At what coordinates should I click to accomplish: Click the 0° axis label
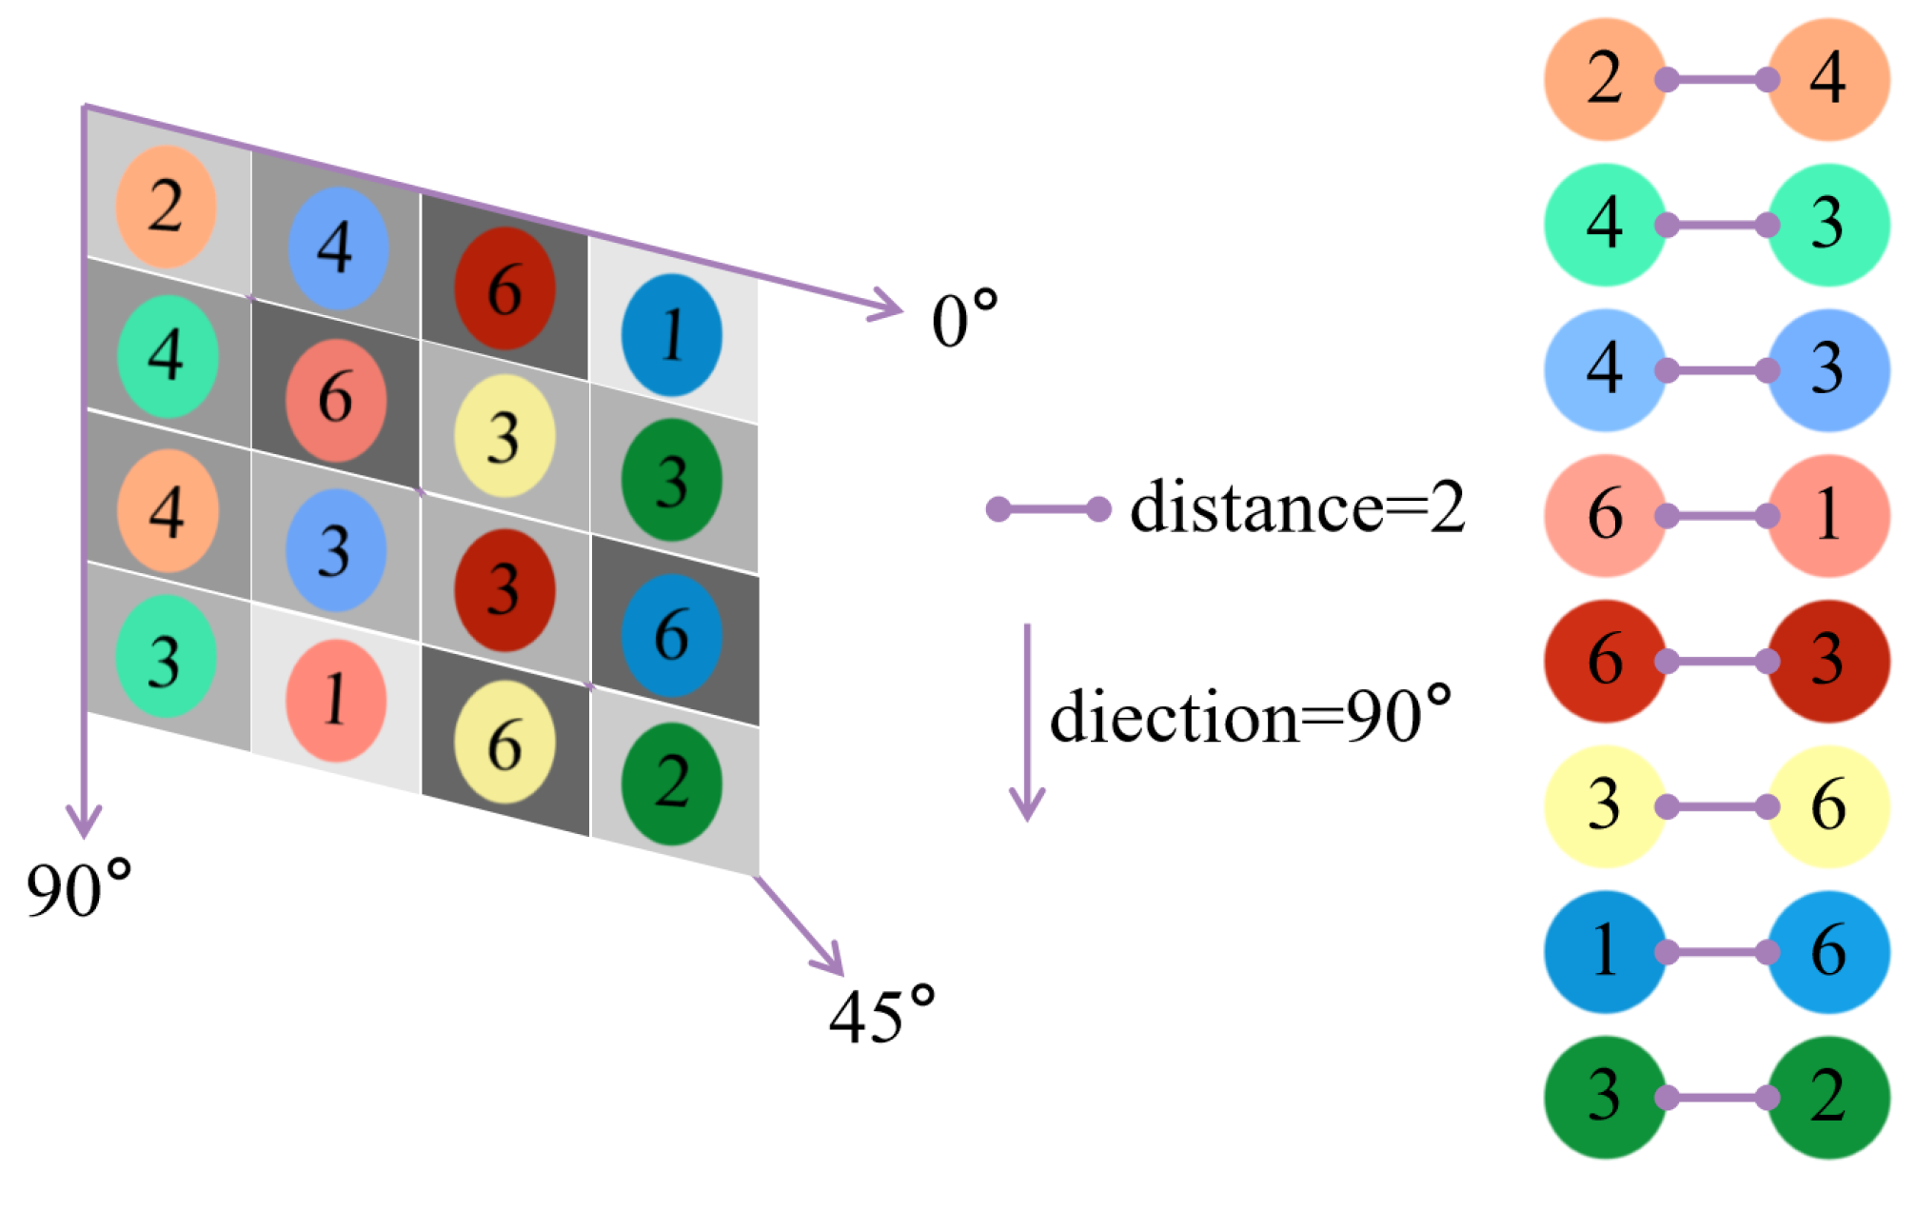963,320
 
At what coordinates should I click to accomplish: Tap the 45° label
881,1017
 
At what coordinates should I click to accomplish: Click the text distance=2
1296,507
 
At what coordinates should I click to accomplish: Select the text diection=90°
1250,716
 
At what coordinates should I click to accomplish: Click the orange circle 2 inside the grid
166,207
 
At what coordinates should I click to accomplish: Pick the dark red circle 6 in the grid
504,288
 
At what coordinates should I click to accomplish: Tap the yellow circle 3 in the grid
504,436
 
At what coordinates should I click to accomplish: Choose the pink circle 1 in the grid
335,700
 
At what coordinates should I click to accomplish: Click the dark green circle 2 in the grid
672,783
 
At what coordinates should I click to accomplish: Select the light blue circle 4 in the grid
337,248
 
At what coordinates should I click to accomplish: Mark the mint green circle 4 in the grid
168,356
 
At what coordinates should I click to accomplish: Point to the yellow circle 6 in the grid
504,742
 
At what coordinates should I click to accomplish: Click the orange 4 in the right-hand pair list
1827,79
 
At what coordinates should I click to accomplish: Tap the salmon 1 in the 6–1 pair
1827,515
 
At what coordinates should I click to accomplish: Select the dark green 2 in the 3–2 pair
1827,1097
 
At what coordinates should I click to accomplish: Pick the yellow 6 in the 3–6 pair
1827,806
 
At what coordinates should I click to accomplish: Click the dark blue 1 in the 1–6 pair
1605,951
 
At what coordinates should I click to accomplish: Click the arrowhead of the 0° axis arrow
891,308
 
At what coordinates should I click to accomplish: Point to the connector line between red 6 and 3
1716,662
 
